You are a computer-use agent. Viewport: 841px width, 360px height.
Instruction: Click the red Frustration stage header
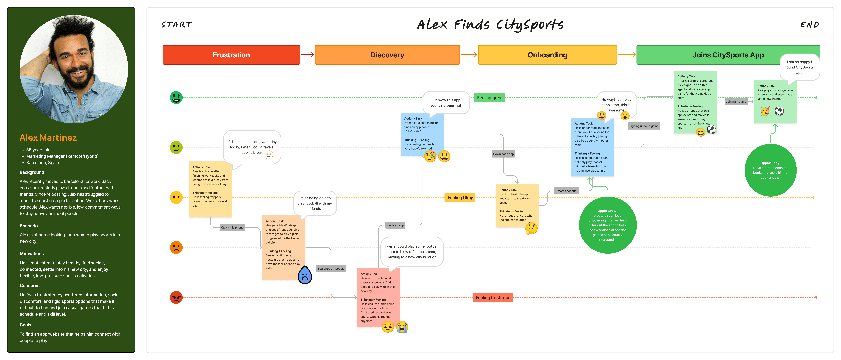point(231,55)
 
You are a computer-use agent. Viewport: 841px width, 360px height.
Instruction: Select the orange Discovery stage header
point(387,55)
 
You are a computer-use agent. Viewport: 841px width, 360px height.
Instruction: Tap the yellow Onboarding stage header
point(547,55)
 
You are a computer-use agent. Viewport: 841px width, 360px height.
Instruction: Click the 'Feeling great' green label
point(489,98)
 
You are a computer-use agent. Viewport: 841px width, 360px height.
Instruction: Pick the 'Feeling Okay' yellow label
point(460,197)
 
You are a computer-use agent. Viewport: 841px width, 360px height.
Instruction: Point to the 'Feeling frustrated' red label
point(493,297)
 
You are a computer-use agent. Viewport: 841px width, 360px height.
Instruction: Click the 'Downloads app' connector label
point(503,154)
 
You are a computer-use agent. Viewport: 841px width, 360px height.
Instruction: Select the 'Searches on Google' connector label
point(331,269)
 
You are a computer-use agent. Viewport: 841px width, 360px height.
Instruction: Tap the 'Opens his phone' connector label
point(232,227)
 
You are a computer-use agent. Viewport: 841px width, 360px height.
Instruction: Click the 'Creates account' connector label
point(566,191)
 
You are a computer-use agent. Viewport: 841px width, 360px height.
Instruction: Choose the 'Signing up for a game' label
point(643,126)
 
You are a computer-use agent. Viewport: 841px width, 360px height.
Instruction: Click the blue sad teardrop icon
point(305,275)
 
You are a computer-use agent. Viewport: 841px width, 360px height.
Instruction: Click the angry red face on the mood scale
point(176,297)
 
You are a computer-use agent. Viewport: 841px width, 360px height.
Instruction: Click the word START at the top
point(177,25)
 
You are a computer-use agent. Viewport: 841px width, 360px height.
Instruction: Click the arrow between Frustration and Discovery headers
point(307,55)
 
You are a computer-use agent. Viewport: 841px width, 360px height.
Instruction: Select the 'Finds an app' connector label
point(395,225)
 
